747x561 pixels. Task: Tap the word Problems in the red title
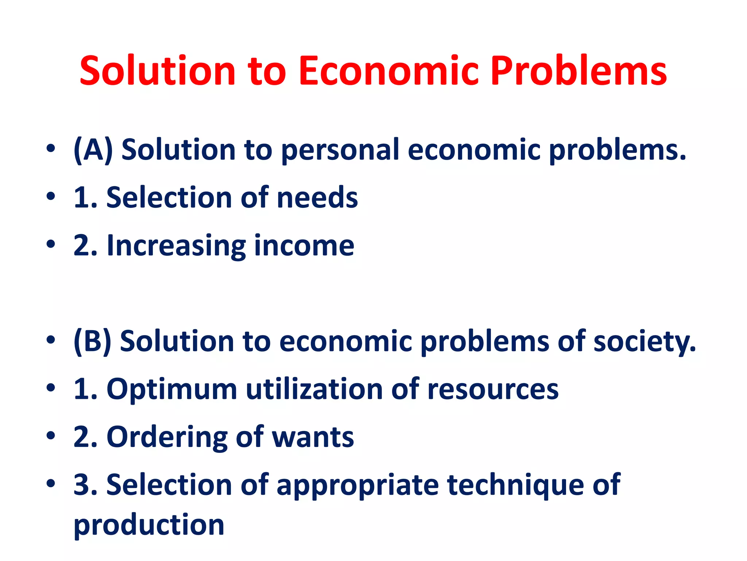pyautogui.click(x=579, y=71)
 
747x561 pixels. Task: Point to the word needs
pyautogui.click(x=317, y=198)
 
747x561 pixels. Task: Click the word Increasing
pyautogui.click(x=176, y=246)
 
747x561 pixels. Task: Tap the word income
pyautogui.click(x=304, y=245)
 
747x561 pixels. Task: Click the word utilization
pyautogui.click(x=314, y=389)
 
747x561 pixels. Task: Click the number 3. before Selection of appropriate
pyautogui.click(x=85, y=485)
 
